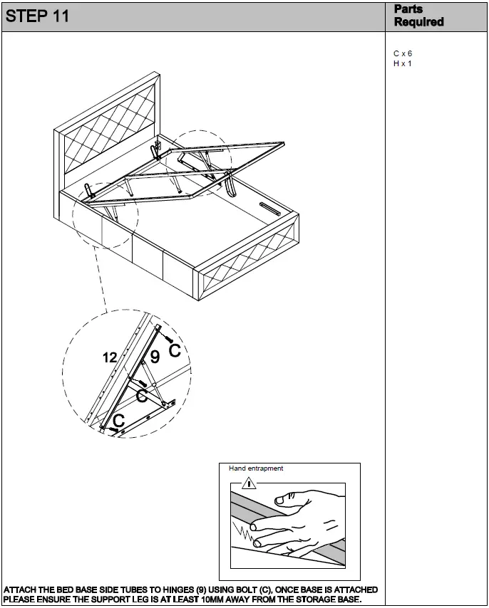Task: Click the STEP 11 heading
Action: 37,16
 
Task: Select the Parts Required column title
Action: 418,16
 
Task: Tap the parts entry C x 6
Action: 403,53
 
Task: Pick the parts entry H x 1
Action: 403,63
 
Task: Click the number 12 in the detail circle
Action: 109,358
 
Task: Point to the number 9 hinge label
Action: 154,358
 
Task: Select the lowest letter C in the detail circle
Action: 118,421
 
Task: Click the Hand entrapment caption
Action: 256,468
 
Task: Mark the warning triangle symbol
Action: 248,484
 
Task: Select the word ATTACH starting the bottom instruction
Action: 21,590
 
